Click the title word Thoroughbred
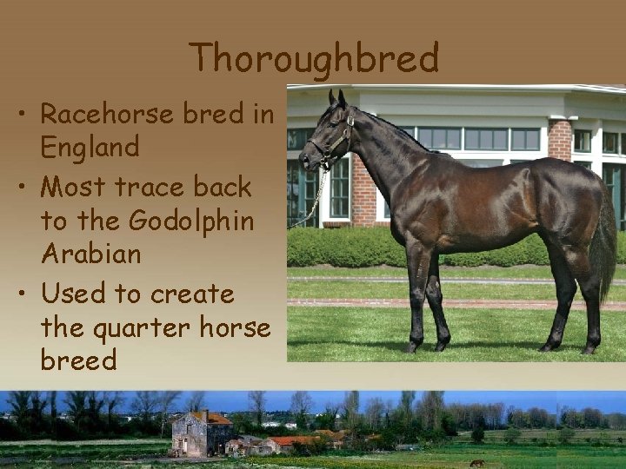coord(314,58)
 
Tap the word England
coord(90,147)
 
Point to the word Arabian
coord(90,254)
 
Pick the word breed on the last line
coord(78,360)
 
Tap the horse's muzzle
coord(307,159)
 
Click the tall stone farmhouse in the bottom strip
coord(201,433)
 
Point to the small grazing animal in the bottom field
coord(476,462)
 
